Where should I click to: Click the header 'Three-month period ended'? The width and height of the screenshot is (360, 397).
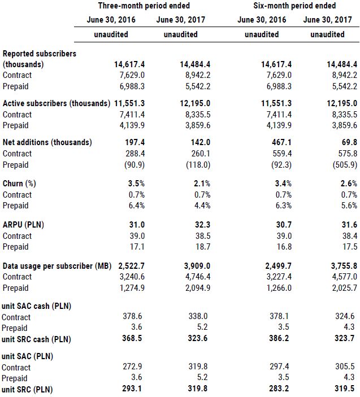[x=144, y=6]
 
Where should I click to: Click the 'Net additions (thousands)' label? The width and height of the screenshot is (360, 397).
[x=47, y=142]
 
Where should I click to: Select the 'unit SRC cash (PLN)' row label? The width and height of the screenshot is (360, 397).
[x=38, y=339]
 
